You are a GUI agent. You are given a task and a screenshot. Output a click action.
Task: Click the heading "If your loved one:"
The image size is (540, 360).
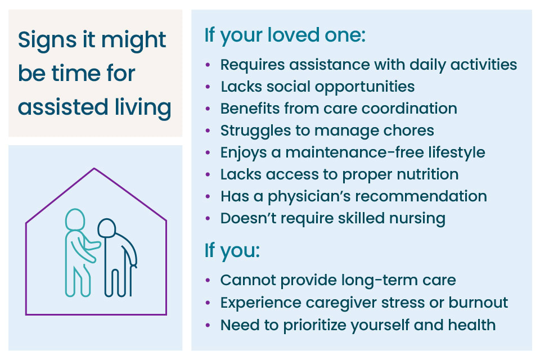pos(285,35)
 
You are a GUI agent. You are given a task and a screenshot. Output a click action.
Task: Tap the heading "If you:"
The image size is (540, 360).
pos(232,251)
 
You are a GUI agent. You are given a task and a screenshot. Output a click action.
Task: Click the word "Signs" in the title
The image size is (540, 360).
pos(47,40)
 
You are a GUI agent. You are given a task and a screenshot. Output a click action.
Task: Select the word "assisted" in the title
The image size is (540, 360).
pos(63,107)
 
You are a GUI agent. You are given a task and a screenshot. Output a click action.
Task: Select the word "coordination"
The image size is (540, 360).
pos(409,109)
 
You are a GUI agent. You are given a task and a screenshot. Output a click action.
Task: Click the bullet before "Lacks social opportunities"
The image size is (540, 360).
pos(208,87)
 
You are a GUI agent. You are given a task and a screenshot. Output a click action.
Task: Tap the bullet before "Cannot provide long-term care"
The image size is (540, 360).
pos(208,280)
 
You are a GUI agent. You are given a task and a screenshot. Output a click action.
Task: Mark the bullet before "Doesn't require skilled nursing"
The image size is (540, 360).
pos(208,218)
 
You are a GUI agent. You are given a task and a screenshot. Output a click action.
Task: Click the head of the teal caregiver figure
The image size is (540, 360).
pos(75,219)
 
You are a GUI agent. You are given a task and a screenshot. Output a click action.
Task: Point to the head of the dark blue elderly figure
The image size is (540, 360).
pos(106,228)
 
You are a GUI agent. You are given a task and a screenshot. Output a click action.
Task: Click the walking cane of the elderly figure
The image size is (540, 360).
pos(131,280)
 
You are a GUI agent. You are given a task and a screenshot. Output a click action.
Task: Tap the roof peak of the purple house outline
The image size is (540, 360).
pos(94,168)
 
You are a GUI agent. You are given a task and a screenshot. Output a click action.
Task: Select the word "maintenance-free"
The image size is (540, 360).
pos(354,152)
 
